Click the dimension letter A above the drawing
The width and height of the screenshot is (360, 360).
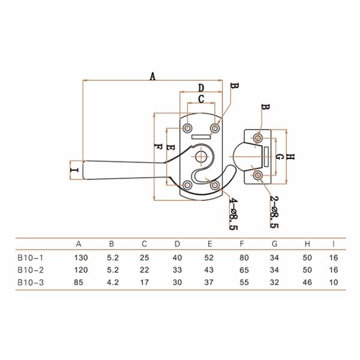(152, 76)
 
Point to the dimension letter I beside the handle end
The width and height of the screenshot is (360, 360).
(75, 170)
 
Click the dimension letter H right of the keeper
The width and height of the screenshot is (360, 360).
(290, 157)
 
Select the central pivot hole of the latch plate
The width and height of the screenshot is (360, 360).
(200, 157)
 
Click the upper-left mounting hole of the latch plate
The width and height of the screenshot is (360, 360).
(187, 128)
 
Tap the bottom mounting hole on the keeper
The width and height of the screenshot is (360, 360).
(258, 175)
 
